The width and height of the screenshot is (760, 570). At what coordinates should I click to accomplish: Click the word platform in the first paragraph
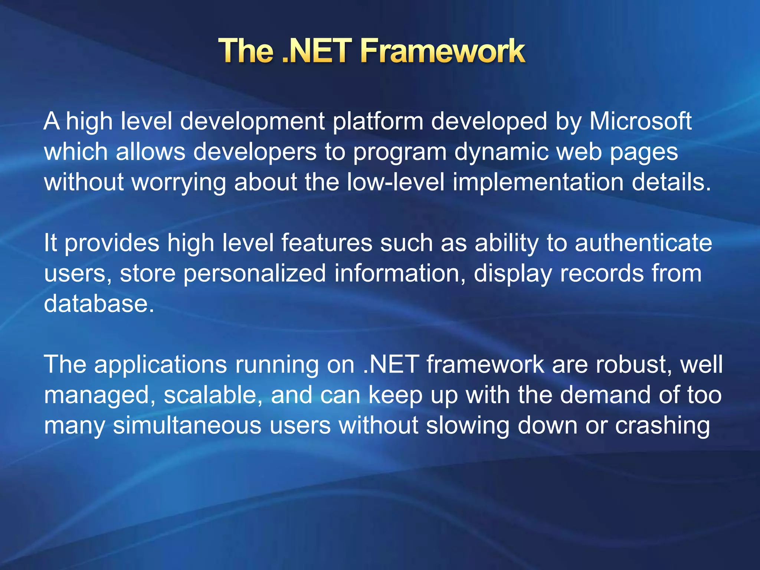tap(378, 122)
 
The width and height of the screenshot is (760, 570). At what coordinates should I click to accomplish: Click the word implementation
tap(538, 183)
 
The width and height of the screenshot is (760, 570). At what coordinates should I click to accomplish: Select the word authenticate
tap(643, 243)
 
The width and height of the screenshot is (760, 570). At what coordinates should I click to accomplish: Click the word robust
tap(634, 364)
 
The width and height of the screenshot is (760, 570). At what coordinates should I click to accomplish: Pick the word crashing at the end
tap(662, 426)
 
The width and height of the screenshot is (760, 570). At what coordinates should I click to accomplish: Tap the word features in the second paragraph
tap(327, 243)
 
